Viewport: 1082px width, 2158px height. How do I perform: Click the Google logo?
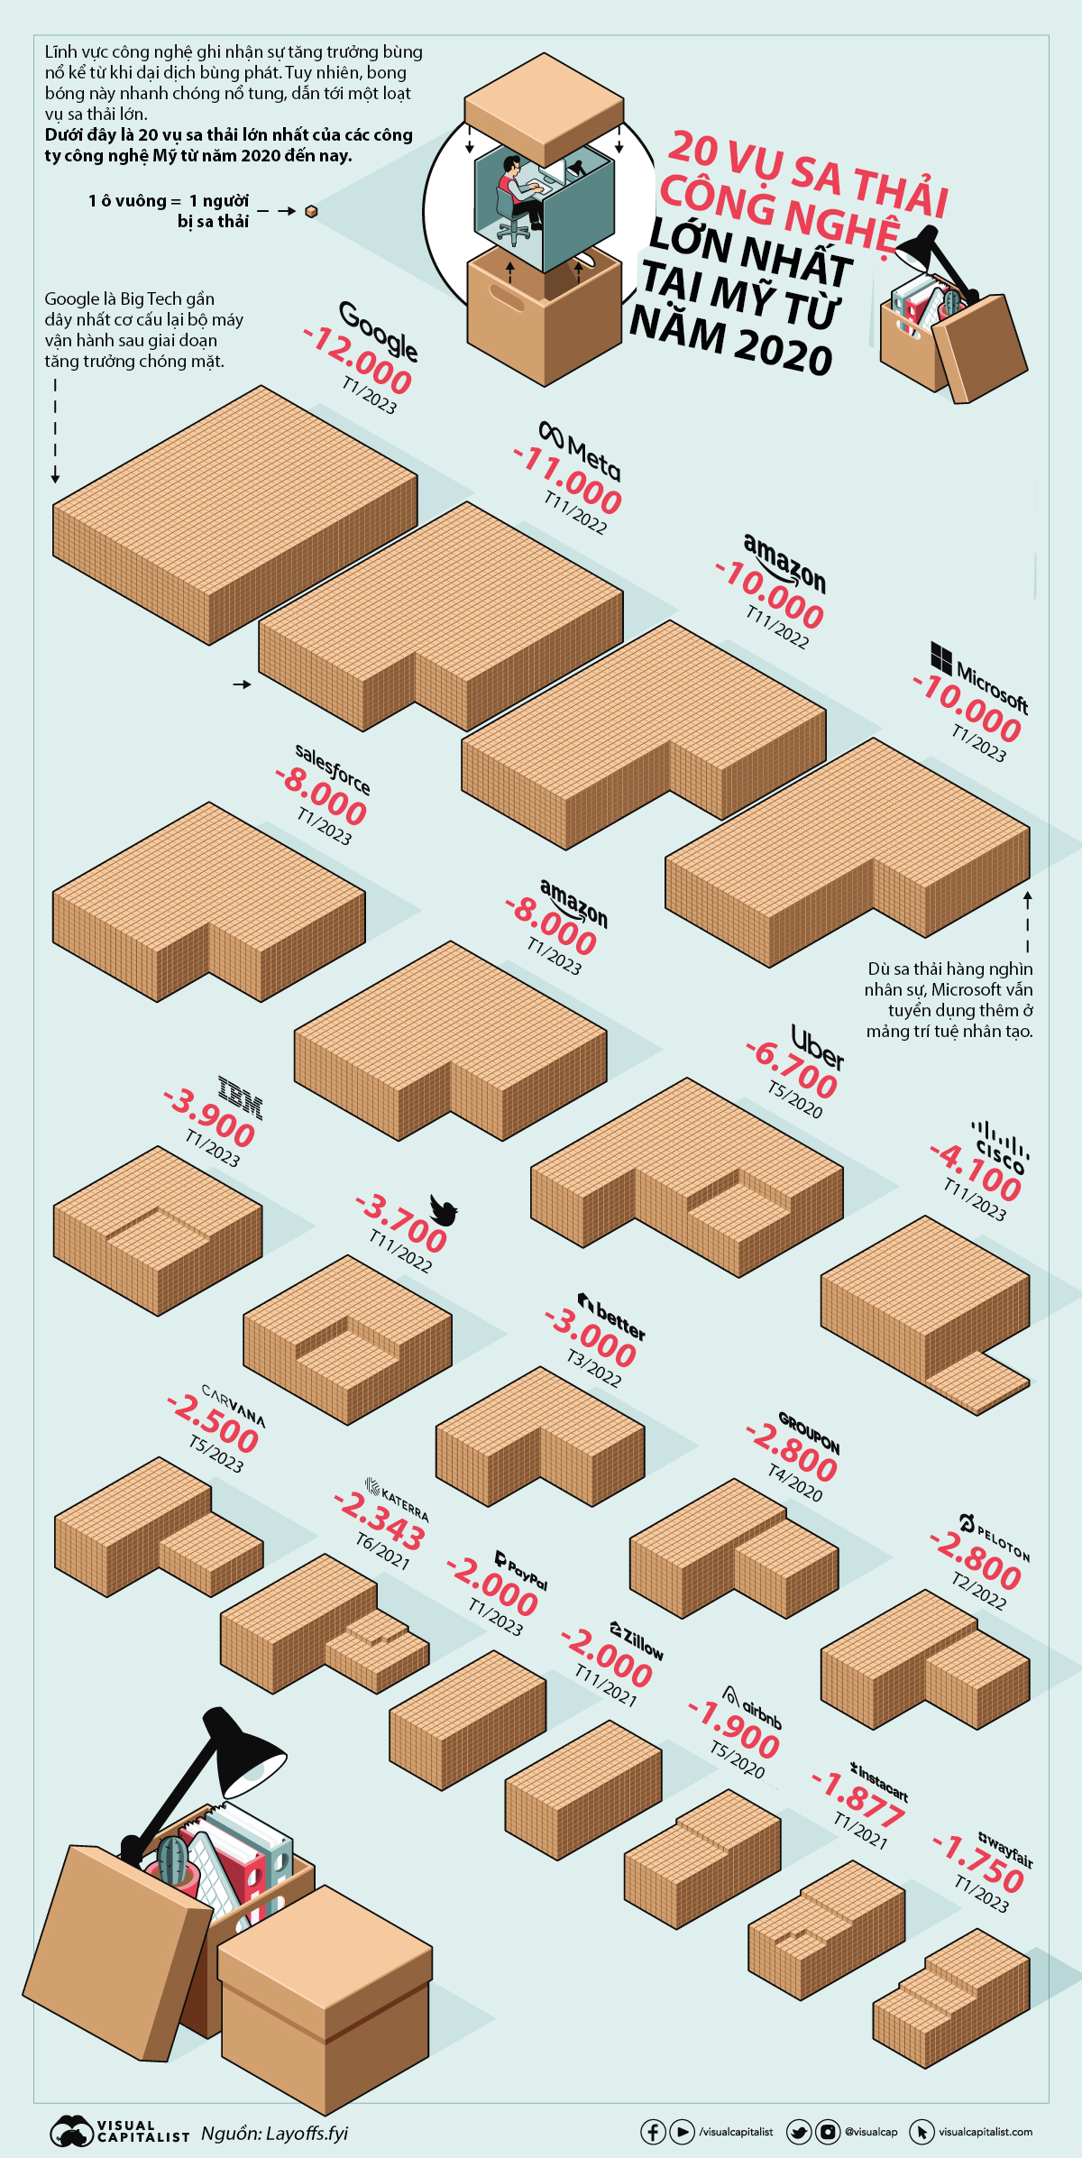(379, 330)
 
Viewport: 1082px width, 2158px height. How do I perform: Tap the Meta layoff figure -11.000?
(568, 480)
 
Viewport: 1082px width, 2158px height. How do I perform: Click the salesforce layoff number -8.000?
(322, 794)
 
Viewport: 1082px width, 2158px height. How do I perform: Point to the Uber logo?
(817, 1047)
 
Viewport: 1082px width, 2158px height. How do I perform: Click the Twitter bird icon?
(444, 1210)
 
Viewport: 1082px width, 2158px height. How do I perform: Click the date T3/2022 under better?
(593, 1368)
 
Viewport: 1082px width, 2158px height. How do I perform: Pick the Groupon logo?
(809, 1433)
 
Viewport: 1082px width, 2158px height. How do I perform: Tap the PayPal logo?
(521, 1570)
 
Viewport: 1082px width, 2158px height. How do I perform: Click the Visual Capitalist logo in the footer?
(119, 2132)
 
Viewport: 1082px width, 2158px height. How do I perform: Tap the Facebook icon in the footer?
(653, 2132)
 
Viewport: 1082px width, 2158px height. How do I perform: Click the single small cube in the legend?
(311, 211)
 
